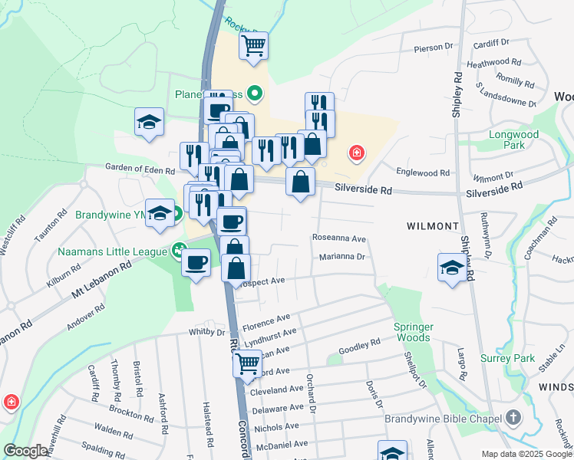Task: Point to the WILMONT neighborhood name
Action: (433, 227)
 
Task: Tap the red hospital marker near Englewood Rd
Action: (355, 153)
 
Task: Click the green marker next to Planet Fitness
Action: (255, 94)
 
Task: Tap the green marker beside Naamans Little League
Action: (179, 250)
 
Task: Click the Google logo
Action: (25, 451)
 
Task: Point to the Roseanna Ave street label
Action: (338, 238)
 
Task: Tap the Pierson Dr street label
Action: (434, 48)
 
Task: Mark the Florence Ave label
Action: (268, 317)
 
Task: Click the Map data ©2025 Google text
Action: (526, 454)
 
